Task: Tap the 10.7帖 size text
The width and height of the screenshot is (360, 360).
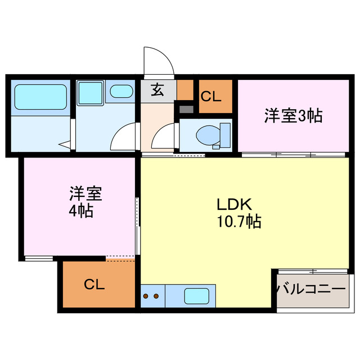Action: (x=238, y=222)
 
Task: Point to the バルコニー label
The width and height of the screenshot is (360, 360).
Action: (x=311, y=289)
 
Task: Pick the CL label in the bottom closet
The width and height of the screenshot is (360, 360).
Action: (x=94, y=284)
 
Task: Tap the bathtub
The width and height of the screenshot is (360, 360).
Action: (x=39, y=96)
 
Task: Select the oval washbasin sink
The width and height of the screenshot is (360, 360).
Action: (x=120, y=91)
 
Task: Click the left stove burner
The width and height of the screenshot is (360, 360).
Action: (x=146, y=295)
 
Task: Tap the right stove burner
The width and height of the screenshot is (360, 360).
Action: (x=156, y=295)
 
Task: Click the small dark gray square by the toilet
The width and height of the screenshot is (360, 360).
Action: (x=186, y=109)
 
